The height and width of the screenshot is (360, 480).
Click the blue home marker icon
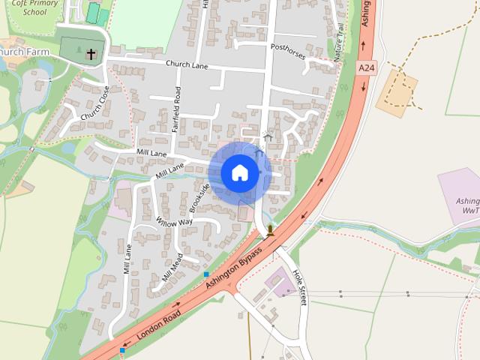click(239, 173)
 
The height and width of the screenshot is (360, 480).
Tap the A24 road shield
click(365, 68)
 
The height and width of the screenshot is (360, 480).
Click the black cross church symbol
click(91, 54)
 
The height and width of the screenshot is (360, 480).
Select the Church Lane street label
click(187, 65)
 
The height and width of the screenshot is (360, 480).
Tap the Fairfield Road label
click(177, 110)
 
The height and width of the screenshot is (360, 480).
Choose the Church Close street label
click(94, 106)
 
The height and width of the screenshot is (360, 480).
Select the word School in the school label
click(35, 12)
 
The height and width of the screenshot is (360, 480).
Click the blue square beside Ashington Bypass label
click(206, 274)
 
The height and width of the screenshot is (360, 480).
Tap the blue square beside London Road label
click(122, 349)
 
